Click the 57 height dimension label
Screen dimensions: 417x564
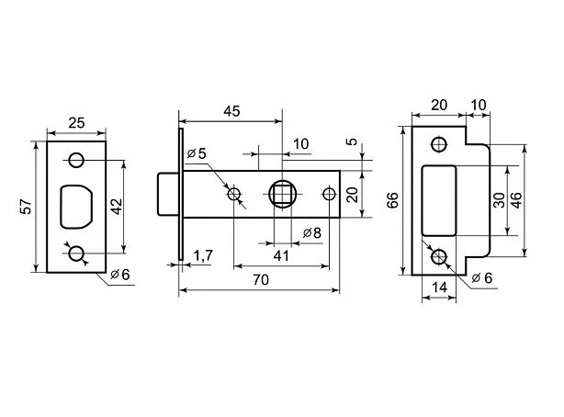point(26,207)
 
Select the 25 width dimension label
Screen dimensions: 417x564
point(77,121)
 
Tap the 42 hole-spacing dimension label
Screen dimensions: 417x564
point(117,207)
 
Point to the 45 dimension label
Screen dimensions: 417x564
point(231,110)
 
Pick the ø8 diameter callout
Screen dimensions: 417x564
point(311,232)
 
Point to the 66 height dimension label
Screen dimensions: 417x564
point(393,200)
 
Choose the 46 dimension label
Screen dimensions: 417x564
point(516,200)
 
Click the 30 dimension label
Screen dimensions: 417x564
point(499,200)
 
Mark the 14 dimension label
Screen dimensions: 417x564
point(439,287)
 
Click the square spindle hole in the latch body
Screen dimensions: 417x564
point(282,194)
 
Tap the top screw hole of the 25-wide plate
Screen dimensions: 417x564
point(76,160)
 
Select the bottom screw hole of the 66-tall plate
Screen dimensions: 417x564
point(439,257)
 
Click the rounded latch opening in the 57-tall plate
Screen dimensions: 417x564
point(76,207)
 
